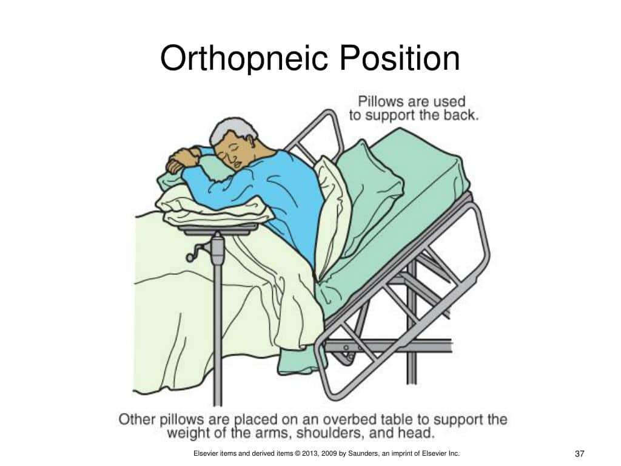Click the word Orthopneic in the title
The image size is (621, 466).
(x=244, y=58)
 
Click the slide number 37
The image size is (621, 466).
(x=579, y=454)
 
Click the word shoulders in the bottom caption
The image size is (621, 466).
(x=329, y=433)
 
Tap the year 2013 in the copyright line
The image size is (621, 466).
(x=310, y=453)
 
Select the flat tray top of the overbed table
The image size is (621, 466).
(x=218, y=229)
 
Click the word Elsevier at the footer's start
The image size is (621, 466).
(x=205, y=453)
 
